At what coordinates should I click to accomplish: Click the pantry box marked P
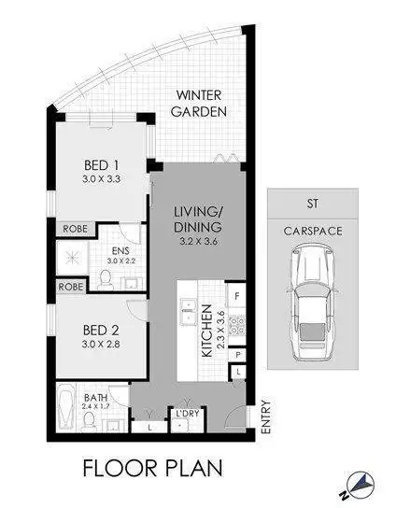[x=239, y=356]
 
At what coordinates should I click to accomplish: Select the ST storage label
[x=311, y=202]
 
